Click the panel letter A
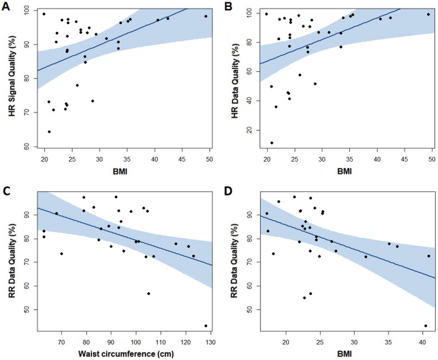[x=7, y=7]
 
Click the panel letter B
[x=228, y=7]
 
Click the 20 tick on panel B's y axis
[x=249, y=130]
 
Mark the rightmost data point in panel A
[x=206, y=16]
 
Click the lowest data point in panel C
[x=206, y=326]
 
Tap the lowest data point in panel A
[x=49, y=131]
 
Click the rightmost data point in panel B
[x=428, y=14]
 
